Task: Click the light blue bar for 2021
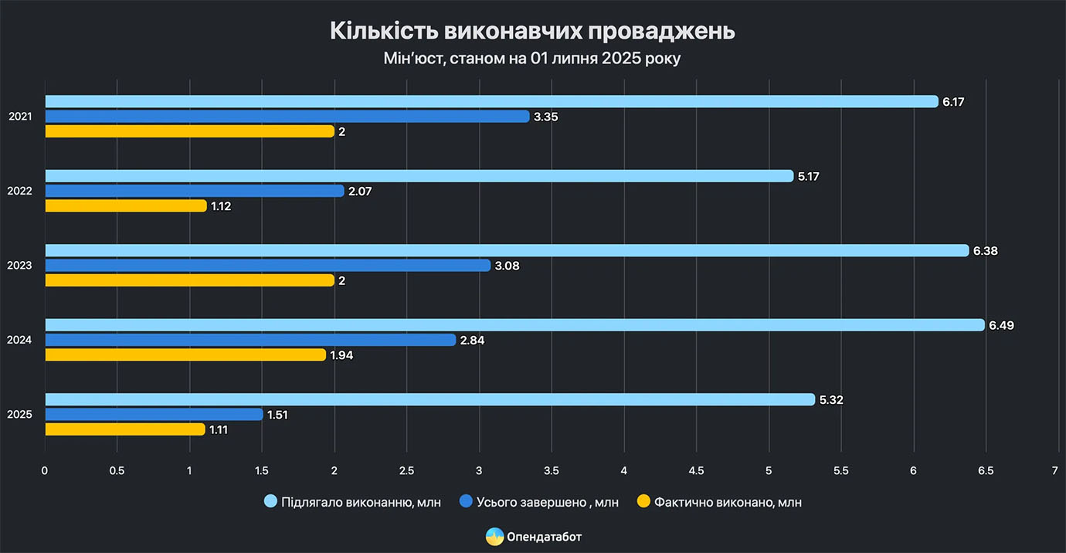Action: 491,101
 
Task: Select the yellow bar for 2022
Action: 126,205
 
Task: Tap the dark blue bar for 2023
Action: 267,266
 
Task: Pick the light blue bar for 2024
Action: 514,325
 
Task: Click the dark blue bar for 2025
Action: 154,415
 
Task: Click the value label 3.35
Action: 545,117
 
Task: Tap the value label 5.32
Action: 831,400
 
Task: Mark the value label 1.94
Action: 342,355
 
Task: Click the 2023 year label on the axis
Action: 19,266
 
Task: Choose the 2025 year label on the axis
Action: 19,415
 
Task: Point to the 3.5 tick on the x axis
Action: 552,470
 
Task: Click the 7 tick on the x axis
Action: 1055,470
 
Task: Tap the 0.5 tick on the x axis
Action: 117,470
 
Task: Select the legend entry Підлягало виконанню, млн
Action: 361,502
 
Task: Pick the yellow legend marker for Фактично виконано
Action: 643,502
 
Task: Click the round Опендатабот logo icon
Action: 494,536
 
